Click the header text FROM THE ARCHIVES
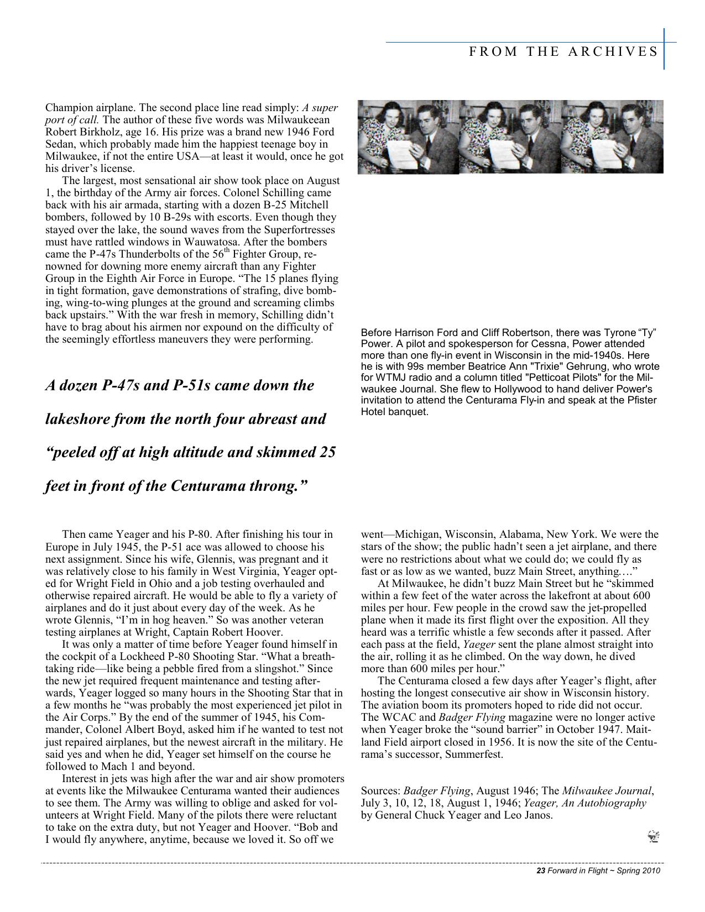(x=563, y=52)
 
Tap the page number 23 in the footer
(x=541, y=871)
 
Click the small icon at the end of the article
(x=653, y=837)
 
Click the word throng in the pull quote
(x=279, y=486)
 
